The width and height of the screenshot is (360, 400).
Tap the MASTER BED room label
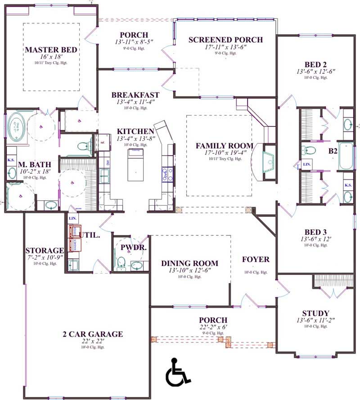coord(51,49)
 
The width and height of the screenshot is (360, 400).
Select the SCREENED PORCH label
coord(225,40)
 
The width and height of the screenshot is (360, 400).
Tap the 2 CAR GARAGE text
coord(93,334)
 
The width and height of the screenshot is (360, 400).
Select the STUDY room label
coord(315,313)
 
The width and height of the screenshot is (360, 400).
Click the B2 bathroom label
coord(333,152)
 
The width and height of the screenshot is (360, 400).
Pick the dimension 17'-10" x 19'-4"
coord(224,153)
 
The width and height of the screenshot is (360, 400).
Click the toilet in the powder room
coord(121,262)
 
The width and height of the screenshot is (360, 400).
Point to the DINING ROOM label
coord(189,263)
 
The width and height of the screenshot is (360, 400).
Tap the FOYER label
coord(256,260)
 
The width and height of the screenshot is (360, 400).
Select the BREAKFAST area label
coord(135,95)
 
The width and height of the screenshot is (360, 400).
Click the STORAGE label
coord(44,250)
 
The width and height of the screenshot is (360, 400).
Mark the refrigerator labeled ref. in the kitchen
coord(102,142)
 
